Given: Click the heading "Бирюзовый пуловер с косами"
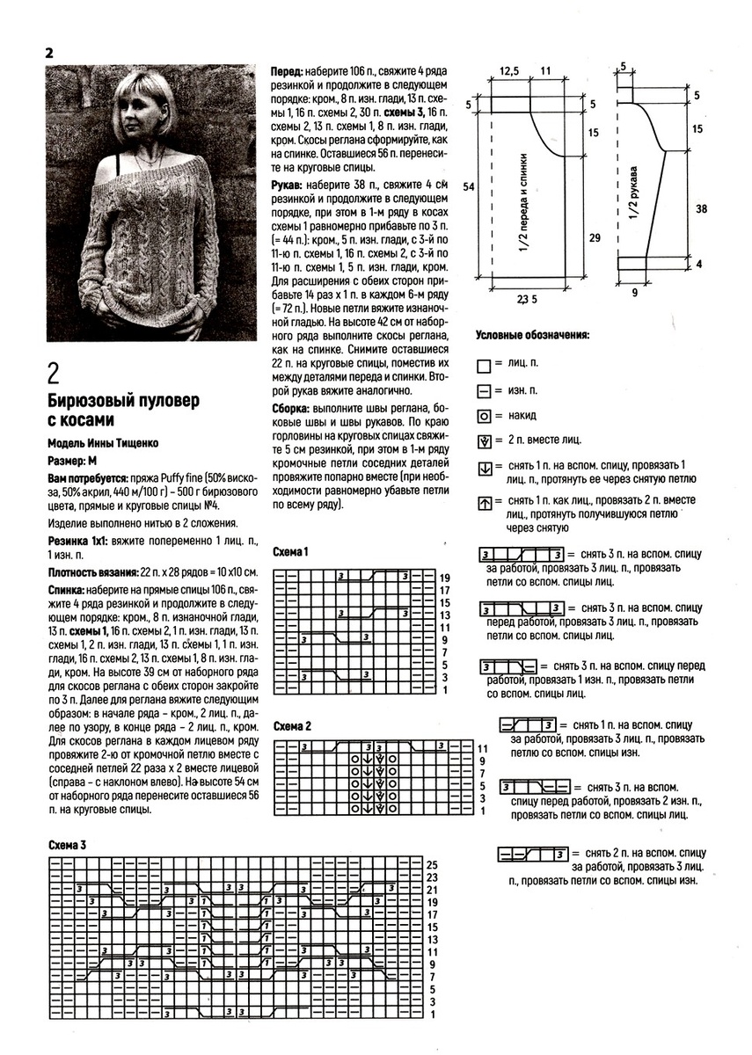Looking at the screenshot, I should click(123, 410).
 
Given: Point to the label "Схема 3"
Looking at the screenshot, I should click(67, 845).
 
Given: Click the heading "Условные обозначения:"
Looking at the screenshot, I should click(532, 335).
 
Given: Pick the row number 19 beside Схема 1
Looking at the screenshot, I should click(444, 578).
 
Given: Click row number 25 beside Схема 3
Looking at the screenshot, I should click(432, 865).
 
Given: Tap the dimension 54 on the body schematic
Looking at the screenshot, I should click(468, 187).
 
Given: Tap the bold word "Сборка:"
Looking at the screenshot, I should click(290, 410).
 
